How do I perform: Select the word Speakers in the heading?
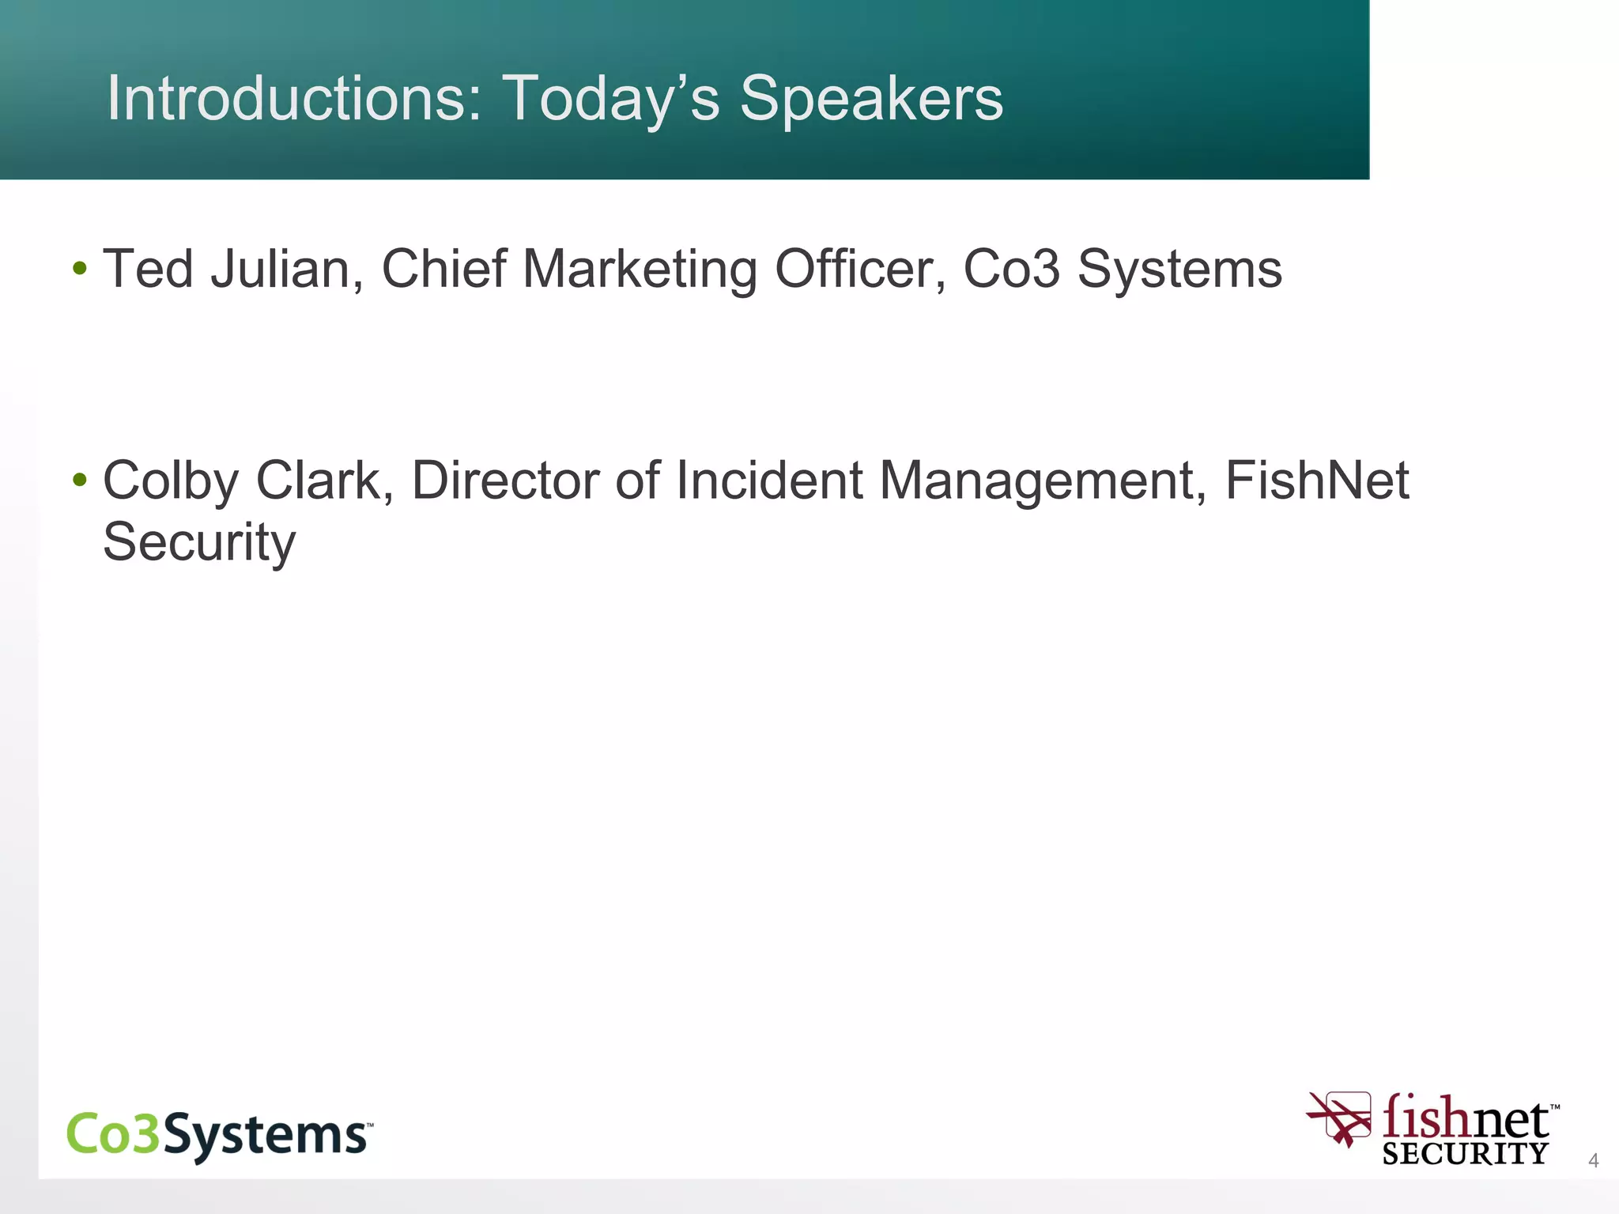click(x=871, y=98)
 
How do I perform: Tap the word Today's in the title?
click(x=610, y=98)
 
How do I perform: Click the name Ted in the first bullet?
click(x=148, y=269)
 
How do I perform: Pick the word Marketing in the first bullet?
click(x=640, y=269)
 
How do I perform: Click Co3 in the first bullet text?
click(x=1011, y=269)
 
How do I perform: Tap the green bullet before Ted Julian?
click(x=79, y=269)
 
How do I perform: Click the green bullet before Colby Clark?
click(x=79, y=480)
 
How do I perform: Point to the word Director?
click(x=505, y=481)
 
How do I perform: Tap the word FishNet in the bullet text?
click(x=1317, y=481)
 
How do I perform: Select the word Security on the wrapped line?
click(x=199, y=542)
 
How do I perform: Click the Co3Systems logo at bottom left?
click(x=219, y=1135)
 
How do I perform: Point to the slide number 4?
click(x=1593, y=1160)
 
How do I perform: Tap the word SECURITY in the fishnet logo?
click(x=1465, y=1154)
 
